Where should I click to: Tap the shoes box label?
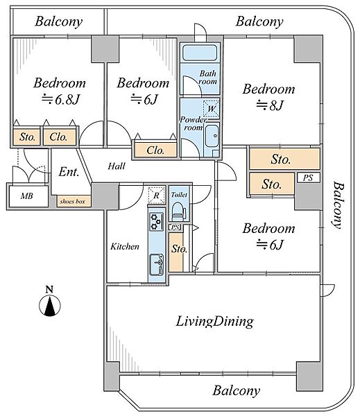[72, 201]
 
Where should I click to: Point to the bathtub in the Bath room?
[200, 53]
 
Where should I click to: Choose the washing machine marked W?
[212, 109]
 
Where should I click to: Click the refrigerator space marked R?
[157, 196]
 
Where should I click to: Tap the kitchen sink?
[157, 265]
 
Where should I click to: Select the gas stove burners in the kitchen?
[156, 222]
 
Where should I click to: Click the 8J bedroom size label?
[270, 105]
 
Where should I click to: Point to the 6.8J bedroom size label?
[61, 100]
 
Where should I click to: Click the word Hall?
[117, 166]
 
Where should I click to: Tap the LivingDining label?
[215, 322]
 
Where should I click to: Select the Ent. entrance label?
[69, 172]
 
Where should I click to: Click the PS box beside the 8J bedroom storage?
[308, 177]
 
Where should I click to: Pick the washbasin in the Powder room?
[212, 136]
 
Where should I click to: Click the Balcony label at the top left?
[59, 21]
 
